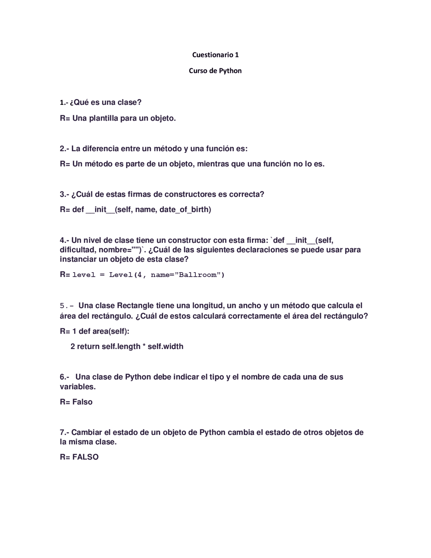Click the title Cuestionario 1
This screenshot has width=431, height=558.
click(x=215, y=55)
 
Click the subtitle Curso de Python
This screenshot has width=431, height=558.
click(x=215, y=71)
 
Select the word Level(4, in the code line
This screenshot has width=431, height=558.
click(x=128, y=275)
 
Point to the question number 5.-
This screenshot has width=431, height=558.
click(x=66, y=306)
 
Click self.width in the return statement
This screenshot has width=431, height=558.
click(x=165, y=346)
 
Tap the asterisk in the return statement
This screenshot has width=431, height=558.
click(x=144, y=346)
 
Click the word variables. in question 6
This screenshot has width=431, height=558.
click(x=77, y=387)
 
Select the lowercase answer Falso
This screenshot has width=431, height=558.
click(x=82, y=402)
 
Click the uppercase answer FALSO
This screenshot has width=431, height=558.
click(x=85, y=457)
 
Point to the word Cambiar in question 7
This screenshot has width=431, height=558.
click(x=87, y=432)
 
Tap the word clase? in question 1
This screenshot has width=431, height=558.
click(x=129, y=102)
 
